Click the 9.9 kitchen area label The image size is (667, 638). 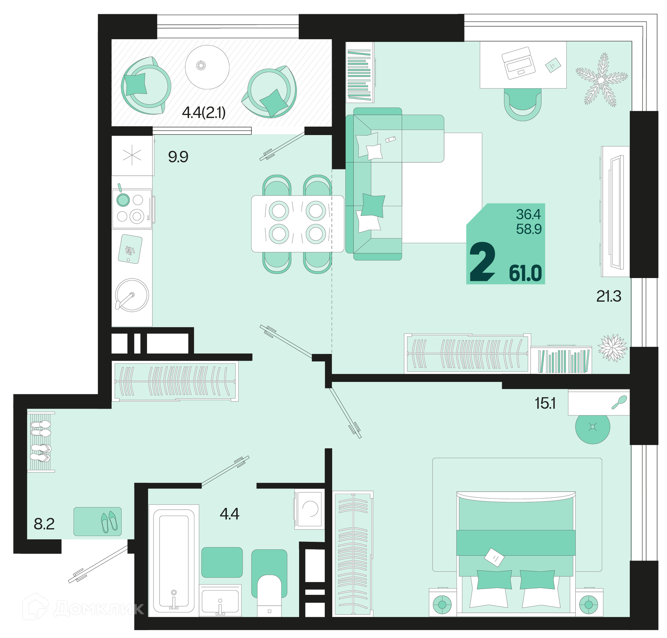pyautogui.click(x=178, y=157)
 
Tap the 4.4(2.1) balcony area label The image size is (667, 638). pyautogui.click(x=204, y=112)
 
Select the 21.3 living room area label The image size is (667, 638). pyautogui.click(x=609, y=296)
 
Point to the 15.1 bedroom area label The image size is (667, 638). pyautogui.click(x=545, y=403)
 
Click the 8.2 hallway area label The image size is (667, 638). pyautogui.click(x=44, y=524)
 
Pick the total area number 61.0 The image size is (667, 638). pyautogui.click(x=525, y=273)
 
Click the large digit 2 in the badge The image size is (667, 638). pyautogui.click(x=482, y=262)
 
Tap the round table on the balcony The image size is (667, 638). pyautogui.click(x=207, y=67)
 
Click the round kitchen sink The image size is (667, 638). pyautogui.click(x=132, y=295)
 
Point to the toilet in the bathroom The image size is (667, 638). pyautogui.click(x=269, y=595)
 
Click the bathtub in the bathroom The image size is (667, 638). pyautogui.click(x=174, y=561)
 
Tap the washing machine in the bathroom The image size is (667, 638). pyautogui.click(x=310, y=509)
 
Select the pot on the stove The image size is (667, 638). pyautogui.click(x=123, y=199)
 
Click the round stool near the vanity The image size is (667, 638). pyautogui.click(x=593, y=427)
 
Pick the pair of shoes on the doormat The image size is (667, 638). pyautogui.click(x=109, y=522)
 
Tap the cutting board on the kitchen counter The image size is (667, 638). pyautogui.click(x=130, y=249)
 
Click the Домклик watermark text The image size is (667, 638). pyautogui.click(x=99, y=608)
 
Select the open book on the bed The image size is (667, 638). pyautogui.click(x=494, y=557)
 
